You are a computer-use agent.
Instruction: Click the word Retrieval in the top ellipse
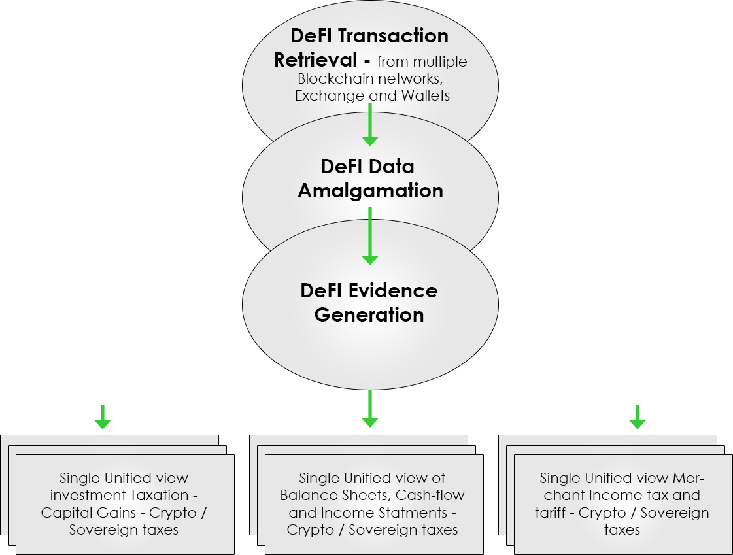point(315,60)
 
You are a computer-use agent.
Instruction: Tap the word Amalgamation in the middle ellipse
point(370,191)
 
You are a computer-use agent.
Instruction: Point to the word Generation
point(369,314)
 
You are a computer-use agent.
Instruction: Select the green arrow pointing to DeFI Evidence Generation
point(370,235)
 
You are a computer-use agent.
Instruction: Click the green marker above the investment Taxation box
point(103,418)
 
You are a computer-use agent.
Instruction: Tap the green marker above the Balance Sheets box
point(370,410)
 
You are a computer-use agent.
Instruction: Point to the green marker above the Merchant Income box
point(638,417)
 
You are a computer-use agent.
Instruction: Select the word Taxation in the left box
point(163,496)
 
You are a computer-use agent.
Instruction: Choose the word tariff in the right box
point(550,513)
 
